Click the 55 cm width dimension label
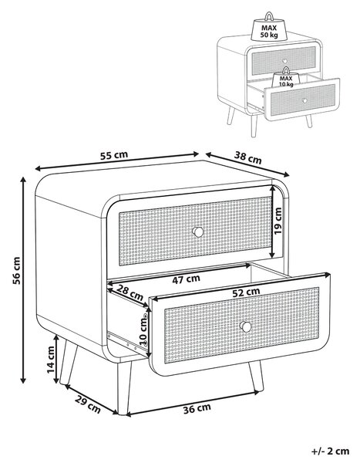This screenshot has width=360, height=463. (114, 155)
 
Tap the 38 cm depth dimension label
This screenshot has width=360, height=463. (248, 157)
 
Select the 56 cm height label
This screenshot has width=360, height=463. (16, 271)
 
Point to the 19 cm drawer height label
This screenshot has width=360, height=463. (278, 221)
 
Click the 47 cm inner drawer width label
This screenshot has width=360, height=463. (186, 279)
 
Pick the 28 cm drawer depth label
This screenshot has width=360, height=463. (130, 292)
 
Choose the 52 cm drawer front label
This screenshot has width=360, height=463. (246, 292)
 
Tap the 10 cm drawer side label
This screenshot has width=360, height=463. (143, 330)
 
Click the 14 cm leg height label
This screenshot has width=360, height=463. (51, 360)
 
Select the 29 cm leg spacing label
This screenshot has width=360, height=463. (88, 404)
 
